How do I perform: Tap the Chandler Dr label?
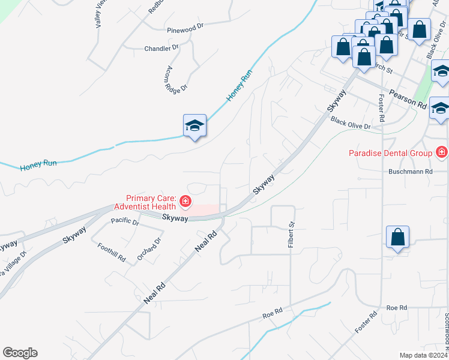pos(162,47)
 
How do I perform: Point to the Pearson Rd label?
pos(407,99)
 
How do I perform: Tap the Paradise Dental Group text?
pos(391,153)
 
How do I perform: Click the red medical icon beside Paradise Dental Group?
pos(442,152)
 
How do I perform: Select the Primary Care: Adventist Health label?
pos(150,202)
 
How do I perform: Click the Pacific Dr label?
pos(125,223)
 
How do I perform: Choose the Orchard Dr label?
pos(149,249)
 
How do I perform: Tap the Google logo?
pos(20,352)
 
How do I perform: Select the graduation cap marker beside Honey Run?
pos(194,125)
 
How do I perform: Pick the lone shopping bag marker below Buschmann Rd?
pos(398,237)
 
